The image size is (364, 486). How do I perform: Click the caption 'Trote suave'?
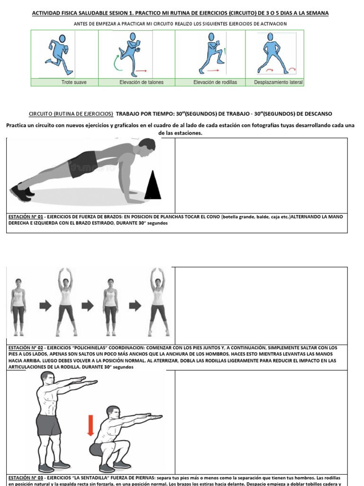[x=74, y=82]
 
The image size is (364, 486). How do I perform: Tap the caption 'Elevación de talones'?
[x=141, y=82]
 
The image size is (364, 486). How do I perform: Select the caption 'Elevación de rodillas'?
[x=215, y=82]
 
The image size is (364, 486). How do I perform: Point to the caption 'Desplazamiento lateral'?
[x=278, y=82]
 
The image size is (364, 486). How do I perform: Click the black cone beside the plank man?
[x=153, y=186]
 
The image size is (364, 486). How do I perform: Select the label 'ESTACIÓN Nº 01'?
[x=25, y=216]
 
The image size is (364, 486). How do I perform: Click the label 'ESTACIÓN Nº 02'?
[x=25, y=347]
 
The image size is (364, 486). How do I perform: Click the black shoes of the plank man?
[x=21, y=193]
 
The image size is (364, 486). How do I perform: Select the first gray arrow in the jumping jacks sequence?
[x=45, y=306]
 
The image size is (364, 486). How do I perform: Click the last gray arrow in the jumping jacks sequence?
[x=135, y=306]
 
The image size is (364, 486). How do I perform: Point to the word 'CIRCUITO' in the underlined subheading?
[x=40, y=114]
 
